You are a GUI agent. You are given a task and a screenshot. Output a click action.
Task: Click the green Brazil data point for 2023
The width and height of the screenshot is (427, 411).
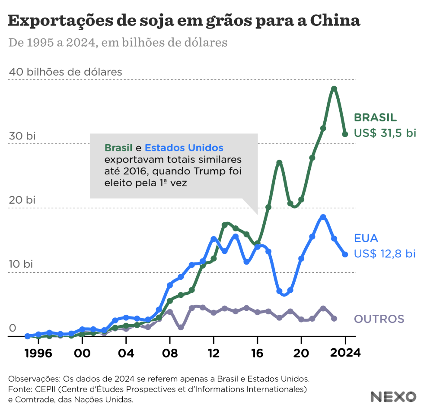click(x=334, y=89)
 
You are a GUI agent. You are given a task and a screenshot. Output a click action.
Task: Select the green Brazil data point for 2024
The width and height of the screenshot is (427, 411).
click(x=345, y=134)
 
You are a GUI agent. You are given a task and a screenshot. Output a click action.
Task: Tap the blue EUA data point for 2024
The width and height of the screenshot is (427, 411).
click(x=345, y=254)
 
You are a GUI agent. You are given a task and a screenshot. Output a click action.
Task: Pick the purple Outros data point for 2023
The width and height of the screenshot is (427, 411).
click(x=334, y=319)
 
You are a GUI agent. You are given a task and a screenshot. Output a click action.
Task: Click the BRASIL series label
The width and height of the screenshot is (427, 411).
click(x=375, y=117)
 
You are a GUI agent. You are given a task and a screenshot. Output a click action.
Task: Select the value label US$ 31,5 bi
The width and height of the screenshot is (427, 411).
click(x=385, y=133)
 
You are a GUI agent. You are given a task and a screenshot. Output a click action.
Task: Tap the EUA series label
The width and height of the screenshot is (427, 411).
click(x=366, y=238)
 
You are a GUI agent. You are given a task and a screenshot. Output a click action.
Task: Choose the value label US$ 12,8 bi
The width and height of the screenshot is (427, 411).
click(x=385, y=253)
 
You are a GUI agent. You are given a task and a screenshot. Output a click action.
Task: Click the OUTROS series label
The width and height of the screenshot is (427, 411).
click(x=379, y=319)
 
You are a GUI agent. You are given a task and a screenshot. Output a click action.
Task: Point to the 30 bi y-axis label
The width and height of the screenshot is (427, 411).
click(x=22, y=136)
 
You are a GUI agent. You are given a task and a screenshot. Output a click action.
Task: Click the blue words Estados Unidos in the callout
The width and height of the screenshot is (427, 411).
click(x=184, y=148)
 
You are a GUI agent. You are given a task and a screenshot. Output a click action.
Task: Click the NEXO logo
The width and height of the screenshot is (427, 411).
click(x=393, y=397)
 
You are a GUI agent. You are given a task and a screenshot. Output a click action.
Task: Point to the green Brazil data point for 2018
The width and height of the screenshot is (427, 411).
click(x=279, y=163)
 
